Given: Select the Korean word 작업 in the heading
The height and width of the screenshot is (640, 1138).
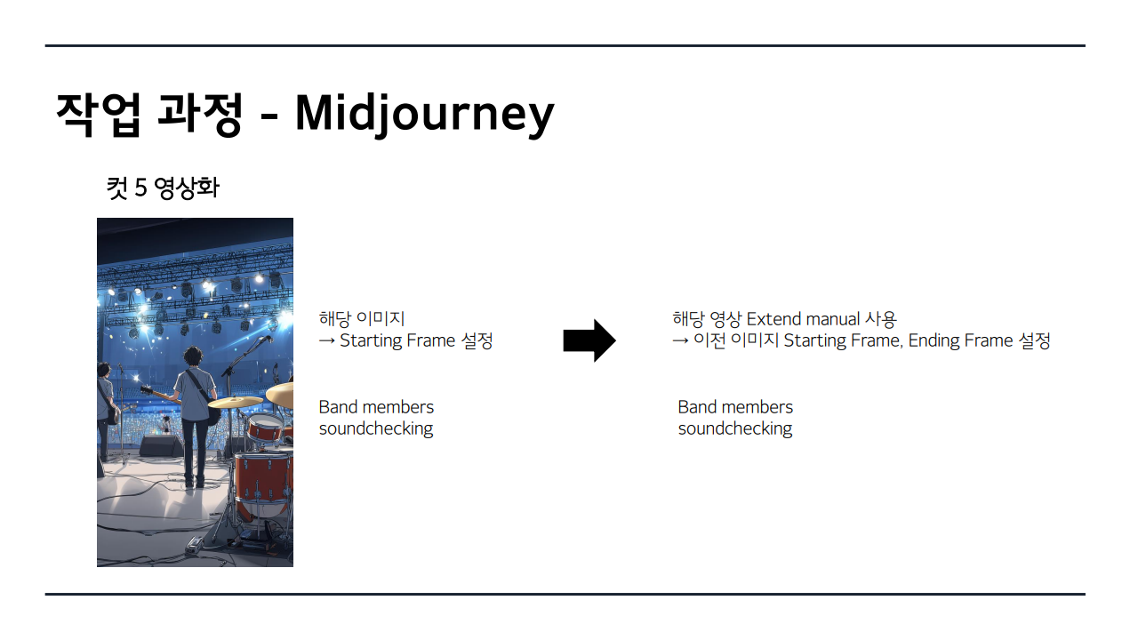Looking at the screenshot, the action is coord(98,114).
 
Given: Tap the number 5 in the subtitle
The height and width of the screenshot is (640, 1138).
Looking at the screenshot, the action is coord(140,188).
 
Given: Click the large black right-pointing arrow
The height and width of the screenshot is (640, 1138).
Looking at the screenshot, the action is coord(589,340).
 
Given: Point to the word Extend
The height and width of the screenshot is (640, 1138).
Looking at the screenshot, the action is coord(773,319).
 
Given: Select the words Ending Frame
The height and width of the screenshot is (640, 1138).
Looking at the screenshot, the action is coord(961,340).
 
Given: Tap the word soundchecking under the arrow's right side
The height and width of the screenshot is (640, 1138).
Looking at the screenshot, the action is coord(735,428).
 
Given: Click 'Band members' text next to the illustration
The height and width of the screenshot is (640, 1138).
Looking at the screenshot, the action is coord(376,407).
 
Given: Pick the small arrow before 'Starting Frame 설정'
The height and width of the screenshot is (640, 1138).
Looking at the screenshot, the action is coord(326,340).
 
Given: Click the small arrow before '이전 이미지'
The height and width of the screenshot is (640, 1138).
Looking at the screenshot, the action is coord(680,340).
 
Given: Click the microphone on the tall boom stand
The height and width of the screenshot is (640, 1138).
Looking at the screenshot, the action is coord(265,340).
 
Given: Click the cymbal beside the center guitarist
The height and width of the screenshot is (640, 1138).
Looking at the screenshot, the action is coord(235,403).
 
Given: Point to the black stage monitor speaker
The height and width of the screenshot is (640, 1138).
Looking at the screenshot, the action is coord(161,446).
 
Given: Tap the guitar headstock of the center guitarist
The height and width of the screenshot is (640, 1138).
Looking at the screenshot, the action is coord(147,390).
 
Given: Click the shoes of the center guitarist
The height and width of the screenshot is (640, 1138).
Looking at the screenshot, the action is coord(195,482).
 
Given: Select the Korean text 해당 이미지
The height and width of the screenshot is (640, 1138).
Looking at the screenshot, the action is coord(362,319).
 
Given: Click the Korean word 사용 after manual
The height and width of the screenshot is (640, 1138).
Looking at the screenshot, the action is coord(881,319).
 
